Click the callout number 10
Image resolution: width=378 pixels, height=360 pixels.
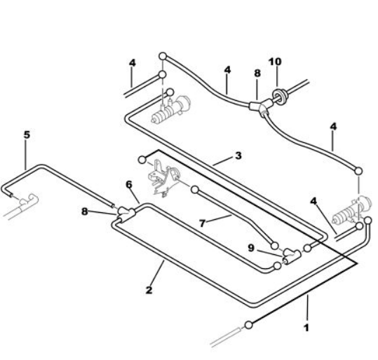275,62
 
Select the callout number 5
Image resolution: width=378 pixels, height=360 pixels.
27,135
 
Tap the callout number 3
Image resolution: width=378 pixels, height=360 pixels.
238,155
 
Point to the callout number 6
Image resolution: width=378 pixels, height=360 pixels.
129,185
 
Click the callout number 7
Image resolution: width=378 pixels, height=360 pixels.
202,223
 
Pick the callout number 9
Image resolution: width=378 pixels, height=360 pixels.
251,248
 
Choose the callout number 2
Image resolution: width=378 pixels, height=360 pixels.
149,290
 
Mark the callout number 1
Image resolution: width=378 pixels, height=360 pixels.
306,328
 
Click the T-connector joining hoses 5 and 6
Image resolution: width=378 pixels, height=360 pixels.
126,213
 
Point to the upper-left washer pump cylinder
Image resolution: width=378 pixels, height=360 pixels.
170,110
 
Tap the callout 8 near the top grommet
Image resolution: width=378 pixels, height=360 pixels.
257,73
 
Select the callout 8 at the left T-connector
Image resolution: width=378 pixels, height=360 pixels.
84,212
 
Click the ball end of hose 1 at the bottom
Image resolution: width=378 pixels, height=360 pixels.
248,325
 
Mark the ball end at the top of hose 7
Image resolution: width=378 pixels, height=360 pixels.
195,190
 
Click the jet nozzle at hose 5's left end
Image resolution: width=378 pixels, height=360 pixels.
29,200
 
